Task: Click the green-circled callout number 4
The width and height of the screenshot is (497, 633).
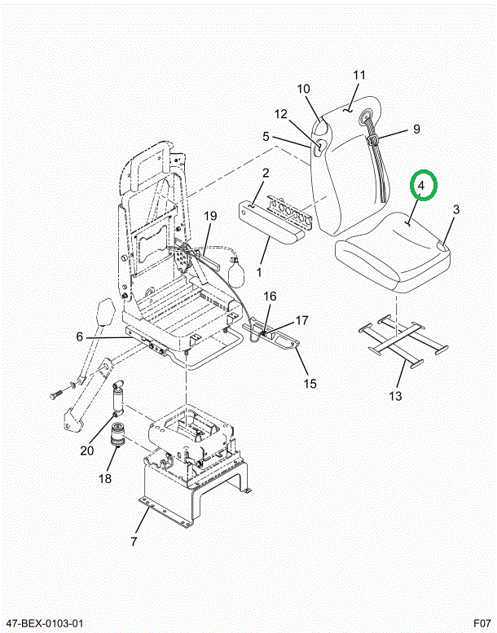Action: pyautogui.click(x=421, y=186)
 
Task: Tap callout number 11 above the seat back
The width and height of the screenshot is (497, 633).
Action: pyautogui.click(x=359, y=75)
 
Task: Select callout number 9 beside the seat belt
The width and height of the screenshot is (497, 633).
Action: pyautogui.click(x=416, y=129)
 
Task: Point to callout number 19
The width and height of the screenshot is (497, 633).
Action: pyautogui.click(x=210, y=216)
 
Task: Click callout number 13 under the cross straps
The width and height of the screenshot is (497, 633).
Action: pyautogui.click(x=396, y=396)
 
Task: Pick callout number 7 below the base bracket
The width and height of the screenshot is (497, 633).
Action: pyautogui.click(x=134, y=542)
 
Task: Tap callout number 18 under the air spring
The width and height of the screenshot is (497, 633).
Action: pyautogui.click(x=105, y=479)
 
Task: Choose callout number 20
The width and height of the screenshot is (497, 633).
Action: pyautogui.click(x=87, y=451)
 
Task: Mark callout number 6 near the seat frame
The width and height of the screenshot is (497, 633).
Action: pyautogui.click(x=79, y=336)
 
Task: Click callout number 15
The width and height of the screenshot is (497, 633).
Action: pyautogui.click(x=310, y=384)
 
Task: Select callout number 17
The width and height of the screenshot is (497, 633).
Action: pyautogui.click(x=302, y=320)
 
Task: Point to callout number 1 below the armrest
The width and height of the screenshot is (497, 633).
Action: pyautogui.click(x=259, y=271)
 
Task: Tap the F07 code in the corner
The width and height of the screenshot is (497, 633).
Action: pyautogui.click(x=482, y=623)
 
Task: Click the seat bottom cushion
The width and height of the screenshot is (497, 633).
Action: pyautogui.click(x=393, y=253)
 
